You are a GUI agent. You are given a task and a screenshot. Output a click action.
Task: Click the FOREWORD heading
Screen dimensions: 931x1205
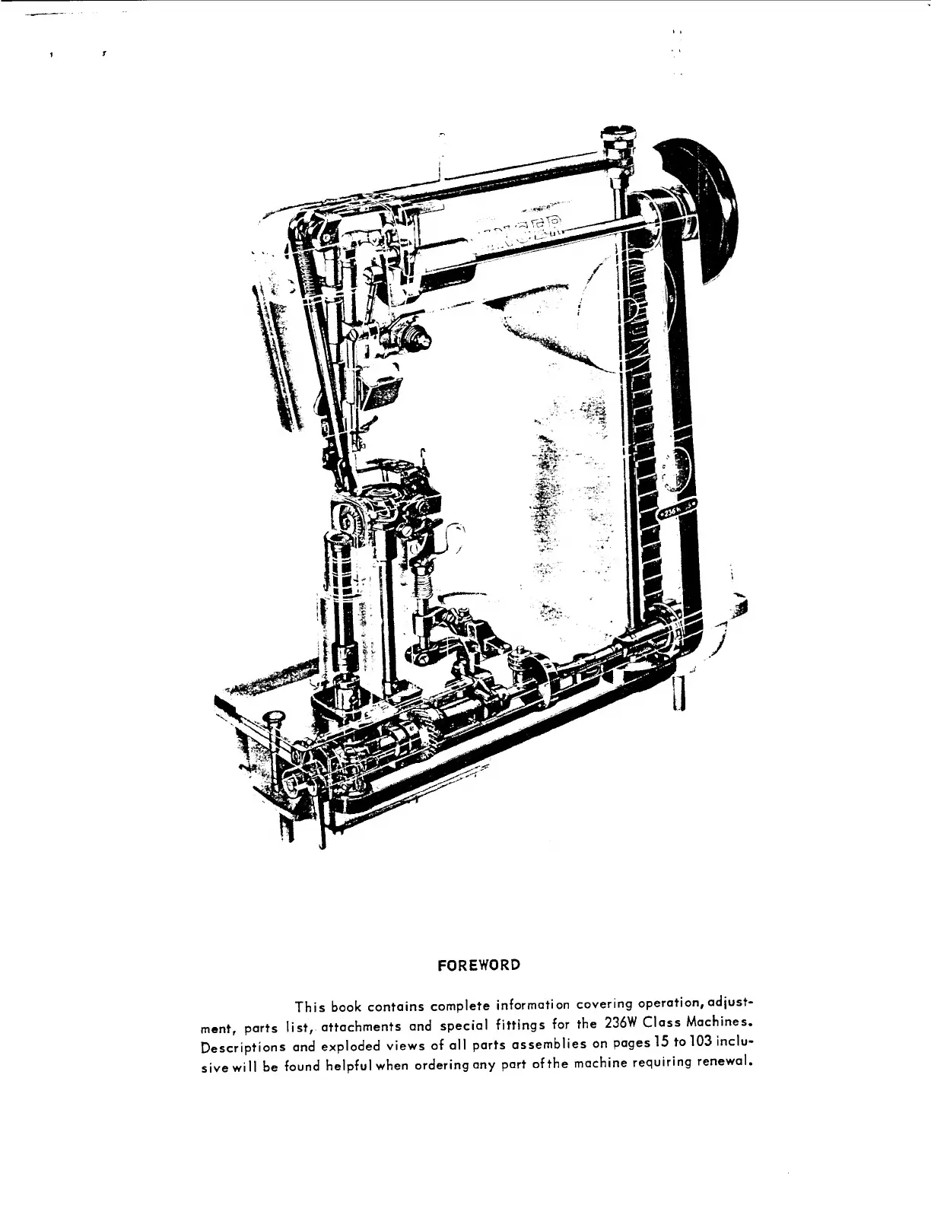479,965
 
